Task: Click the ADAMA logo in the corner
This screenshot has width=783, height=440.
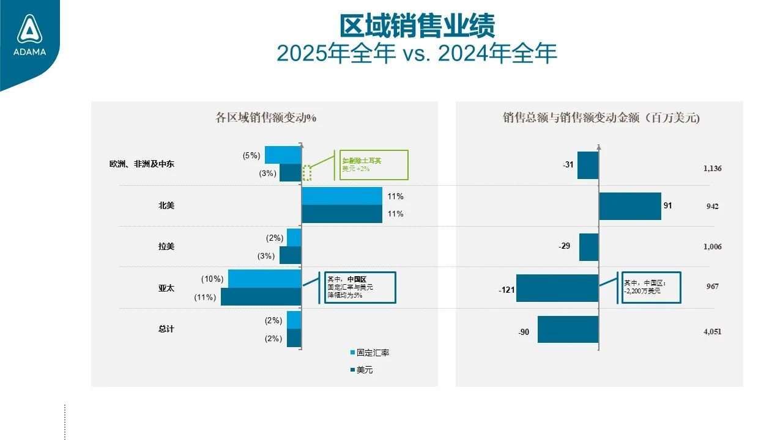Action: pyautogui.click(x=30, y=35)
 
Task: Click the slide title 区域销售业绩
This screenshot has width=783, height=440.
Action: pyautogui.click(x=417, y=26)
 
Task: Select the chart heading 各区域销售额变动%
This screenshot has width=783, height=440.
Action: pyautogui.click(x=265, y=118)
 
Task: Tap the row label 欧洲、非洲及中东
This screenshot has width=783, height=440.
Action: pyautogui.click(x=142, y=164)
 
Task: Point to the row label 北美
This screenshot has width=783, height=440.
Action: pyautogui.click(x=166, y=205)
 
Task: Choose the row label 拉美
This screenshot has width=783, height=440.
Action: pyautogui.click(x=166, y=246)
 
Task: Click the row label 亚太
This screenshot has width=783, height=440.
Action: pyautogui.click(x=166, y=288)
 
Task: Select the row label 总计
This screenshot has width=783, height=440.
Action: pyautogui.click(x=166, y=329)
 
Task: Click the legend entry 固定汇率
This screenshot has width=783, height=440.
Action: pyautogui.click(x=373, y=353)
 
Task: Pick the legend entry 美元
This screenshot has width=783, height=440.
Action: pyautogui.click(x=365, y=370)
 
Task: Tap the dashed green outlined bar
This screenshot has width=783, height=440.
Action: pyautogui.click(x=307, y=173)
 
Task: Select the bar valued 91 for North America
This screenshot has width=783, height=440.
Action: pyautogui.click(x=629, y=206)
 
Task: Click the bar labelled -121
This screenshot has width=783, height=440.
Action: pyautogui.click(x=557, y=288)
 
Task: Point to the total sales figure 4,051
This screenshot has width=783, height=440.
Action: pyautogui.click(x=713, y=332)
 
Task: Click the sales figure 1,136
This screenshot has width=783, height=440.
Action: pyautogui.click(x=713, y=168)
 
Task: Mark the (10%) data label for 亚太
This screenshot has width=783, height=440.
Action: pyautogui.click(x=212, y=279)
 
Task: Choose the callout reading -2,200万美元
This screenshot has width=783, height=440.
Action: pyautogui.click(x=650, y=287)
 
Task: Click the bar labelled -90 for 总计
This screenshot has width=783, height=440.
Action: pyautogui.click(x=568, y=329)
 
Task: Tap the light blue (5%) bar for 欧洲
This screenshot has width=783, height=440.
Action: pyautogui.click(x=283, y=155)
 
